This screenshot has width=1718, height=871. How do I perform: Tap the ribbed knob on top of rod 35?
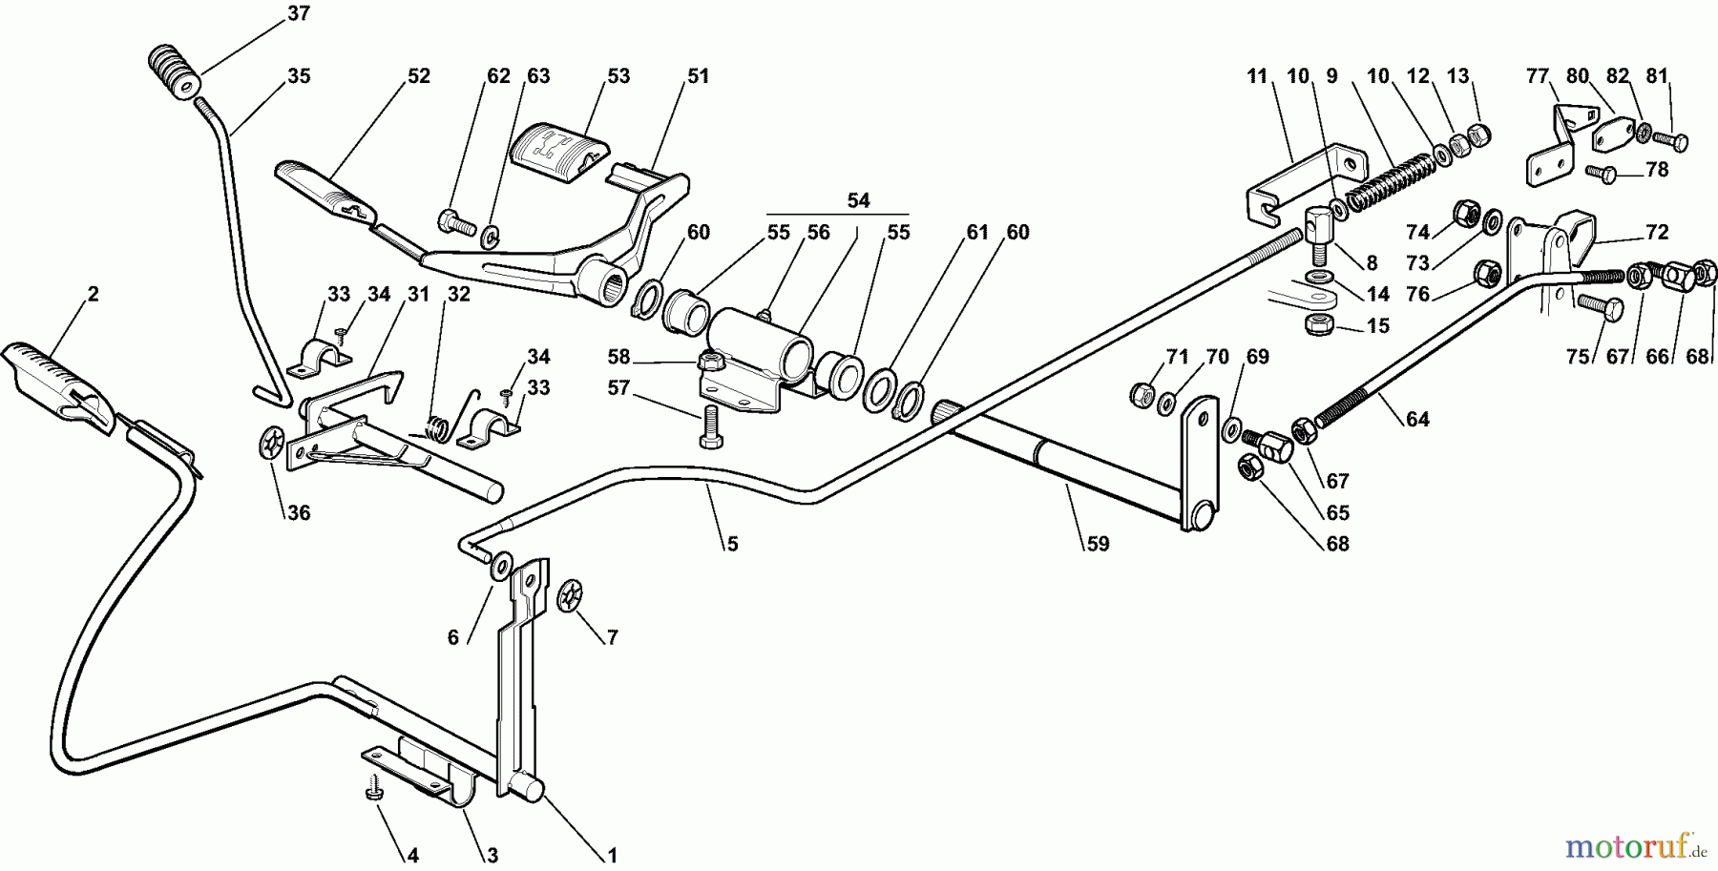[x=173, y=70]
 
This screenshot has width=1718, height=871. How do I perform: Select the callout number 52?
[x=418, y=76]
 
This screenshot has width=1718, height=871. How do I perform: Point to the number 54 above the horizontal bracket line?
[x=858, y=200]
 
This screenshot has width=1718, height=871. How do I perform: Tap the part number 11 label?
[x=1256, y=76]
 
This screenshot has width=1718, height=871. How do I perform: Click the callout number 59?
[x=1098, y=545]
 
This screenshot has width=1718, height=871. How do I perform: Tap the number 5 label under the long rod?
[x=732, y=545]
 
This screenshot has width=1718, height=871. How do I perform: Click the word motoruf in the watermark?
[x=1613, y=844]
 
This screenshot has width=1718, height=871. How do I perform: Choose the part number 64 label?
[x=1417, y=419]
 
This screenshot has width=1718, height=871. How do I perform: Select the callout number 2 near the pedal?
[x=92, y=295]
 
